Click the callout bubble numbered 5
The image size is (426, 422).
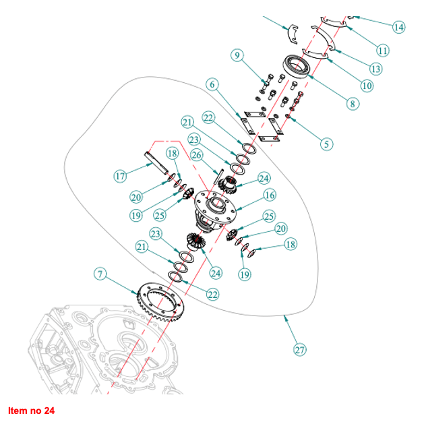tap(328, 143)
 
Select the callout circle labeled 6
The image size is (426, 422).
tap(213, 84)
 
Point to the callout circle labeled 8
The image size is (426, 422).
tap(352, 104)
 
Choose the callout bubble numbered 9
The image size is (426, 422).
tap(237, 56)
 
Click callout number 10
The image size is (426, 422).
tap(367, 86)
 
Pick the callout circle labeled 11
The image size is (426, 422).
tap(383, 50)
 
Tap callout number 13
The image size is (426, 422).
tap(375, 68)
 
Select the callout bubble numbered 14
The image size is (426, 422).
tap(399, 27)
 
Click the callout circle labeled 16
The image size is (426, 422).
tap(270, 195)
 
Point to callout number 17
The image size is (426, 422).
tap(121, 177)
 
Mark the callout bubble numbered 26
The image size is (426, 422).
tap(197, 154)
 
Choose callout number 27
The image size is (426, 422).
tap(300, 349)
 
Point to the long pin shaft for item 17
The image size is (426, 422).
tap(156, 164)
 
